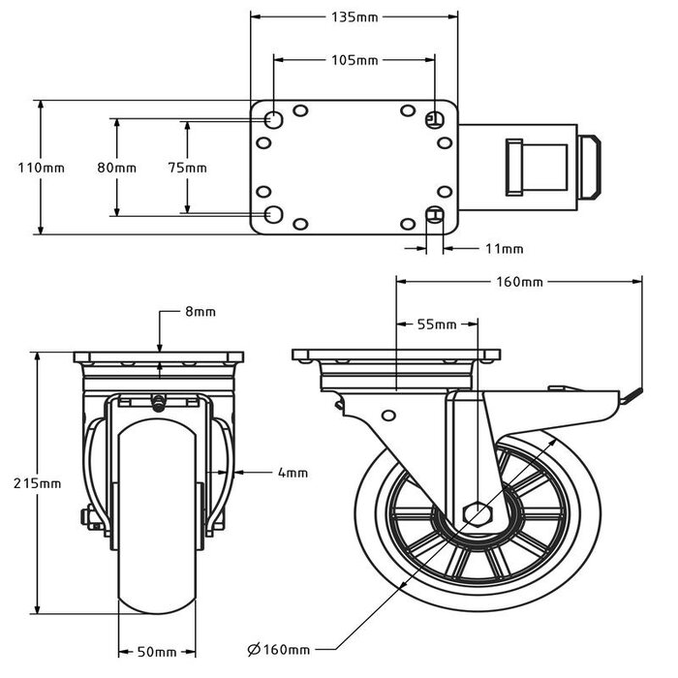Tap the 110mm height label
tap(41, 168)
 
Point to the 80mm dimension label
tap(117, 168)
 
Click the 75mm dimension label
tap(187, 168)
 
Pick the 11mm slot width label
tap(503, 249)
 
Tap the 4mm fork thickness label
tap(292, 473)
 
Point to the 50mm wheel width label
tap(157, 651)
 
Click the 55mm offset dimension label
tap(435, 324)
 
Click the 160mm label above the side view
tap(519, 282)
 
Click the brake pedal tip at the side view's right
tap(634, 393)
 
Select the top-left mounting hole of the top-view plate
tap(274, 120)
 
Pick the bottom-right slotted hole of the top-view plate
tap(435, 214)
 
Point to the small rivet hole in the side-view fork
tap(388, 416)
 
